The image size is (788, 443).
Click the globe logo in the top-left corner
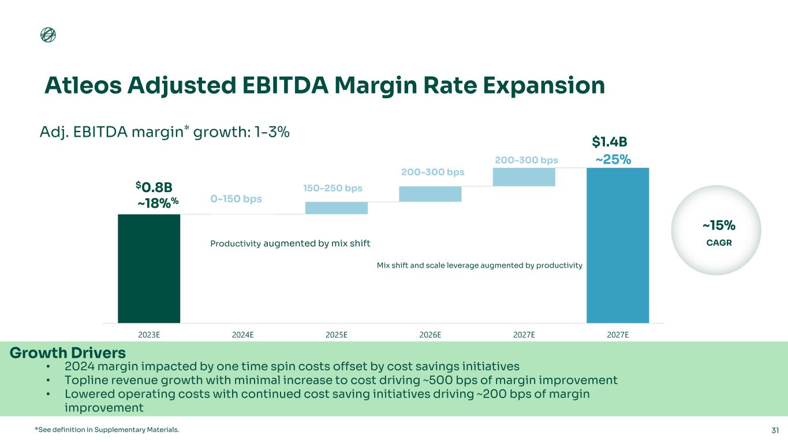(x=48, y=35)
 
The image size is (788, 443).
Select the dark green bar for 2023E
(x=149, y=268)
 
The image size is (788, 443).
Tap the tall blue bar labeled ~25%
(x=618, y=245)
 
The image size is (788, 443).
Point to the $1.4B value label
(x=610, y=142)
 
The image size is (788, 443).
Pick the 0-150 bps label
(x=236, y=199)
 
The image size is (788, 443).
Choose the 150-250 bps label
(x=333, y=189)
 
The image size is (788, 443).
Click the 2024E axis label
(x=243, y=335)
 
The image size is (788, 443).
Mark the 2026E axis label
(x=430, y=335)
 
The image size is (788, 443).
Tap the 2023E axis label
(x=149, y=335)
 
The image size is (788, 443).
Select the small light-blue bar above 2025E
(x=337, y=208)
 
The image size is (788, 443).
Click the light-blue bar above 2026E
(x=430, y=194)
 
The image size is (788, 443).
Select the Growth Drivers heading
(x=68, y=352)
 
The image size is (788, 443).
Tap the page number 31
(x=775, y=430)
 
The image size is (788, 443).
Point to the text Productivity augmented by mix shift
(x=290, y=243)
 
